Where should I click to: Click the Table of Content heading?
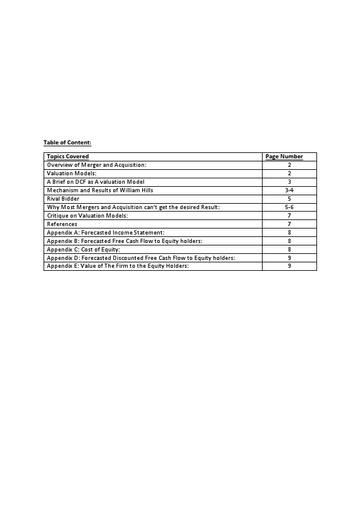67,143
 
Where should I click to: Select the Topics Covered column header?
68,157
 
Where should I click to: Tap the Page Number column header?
284,157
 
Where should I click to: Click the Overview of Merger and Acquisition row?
97,165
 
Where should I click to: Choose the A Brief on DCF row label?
96,182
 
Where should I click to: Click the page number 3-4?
289,190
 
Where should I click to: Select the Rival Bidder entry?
63,199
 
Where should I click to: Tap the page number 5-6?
289,207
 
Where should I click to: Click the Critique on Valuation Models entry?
88,216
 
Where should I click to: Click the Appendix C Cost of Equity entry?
83,250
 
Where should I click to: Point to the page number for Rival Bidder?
289,199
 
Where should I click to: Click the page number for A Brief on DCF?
289,182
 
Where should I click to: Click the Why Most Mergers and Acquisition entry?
133,207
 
